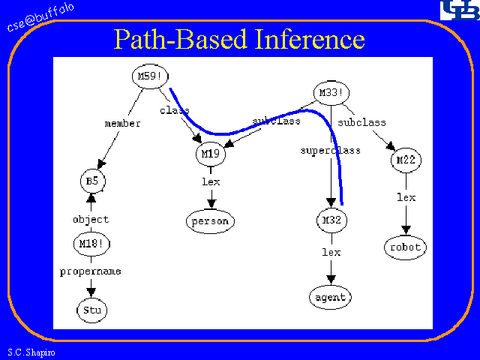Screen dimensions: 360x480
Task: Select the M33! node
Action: (330, 94)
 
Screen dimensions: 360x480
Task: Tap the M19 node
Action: (209, 154)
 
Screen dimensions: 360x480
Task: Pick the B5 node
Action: (92, 181)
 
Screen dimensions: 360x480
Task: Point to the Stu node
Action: (91, 309)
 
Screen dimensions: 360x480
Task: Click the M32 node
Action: (331, 220)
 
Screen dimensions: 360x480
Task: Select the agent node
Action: (330, 297)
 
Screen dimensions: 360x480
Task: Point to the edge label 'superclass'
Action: (330, 150)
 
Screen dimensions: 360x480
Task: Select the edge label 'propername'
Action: (91, 271)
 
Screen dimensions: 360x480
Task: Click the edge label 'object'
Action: (91, 220)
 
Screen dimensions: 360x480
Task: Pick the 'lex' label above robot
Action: (406, 197)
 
